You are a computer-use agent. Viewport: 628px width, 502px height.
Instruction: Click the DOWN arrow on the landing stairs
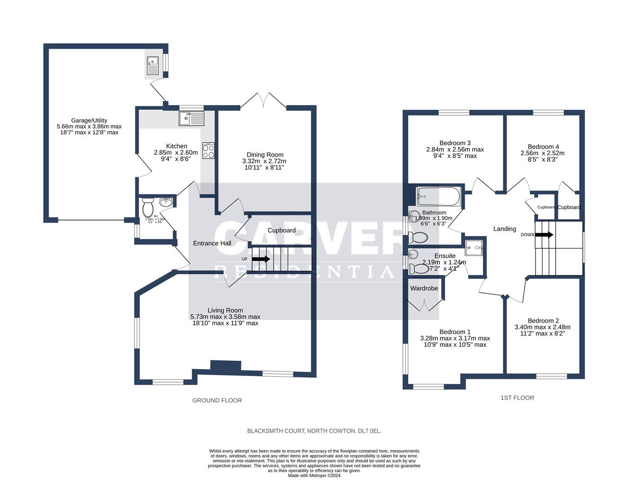[x=544, y=235]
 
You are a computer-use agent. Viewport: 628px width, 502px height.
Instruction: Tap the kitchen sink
[x=192, y=119]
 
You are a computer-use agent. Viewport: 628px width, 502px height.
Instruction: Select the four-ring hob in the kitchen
[x=208, y=151]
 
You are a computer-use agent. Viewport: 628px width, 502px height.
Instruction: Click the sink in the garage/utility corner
[x=153, y=65]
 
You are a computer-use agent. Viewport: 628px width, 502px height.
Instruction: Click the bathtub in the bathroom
[x=438, y=197]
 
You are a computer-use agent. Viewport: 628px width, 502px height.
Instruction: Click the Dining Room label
[x=265, y=155]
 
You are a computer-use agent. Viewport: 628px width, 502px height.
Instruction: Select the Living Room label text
[x=225, y=310]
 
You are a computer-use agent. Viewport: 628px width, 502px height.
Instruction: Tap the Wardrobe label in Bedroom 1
[x=424, y=288]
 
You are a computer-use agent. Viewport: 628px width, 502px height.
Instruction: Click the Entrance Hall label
[x=212, y=243]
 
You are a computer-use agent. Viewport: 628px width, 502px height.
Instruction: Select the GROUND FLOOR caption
[x=217, y=400]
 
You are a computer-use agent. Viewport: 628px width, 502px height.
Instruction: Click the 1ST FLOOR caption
[x=517, y=397]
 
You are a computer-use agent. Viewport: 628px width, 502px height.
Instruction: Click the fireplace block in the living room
[x=226, y=365]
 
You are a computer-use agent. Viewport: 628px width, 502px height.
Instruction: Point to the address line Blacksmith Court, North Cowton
[x=314, y=431]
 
